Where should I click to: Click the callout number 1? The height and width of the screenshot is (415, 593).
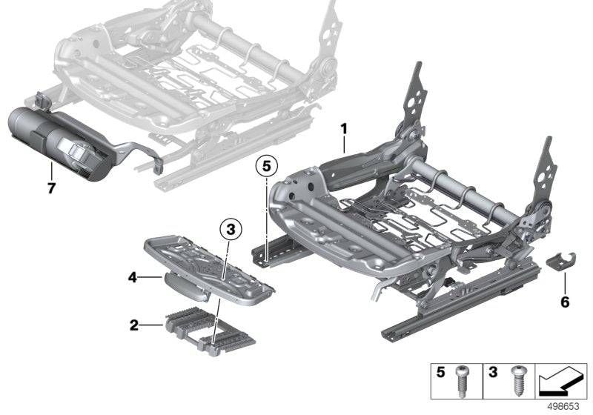coord(344,128)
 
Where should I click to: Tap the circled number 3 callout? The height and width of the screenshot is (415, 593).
coord(230,230)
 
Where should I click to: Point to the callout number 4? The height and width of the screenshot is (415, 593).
coord(132,279)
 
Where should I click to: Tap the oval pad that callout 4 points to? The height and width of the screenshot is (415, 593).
coord(184,282)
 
